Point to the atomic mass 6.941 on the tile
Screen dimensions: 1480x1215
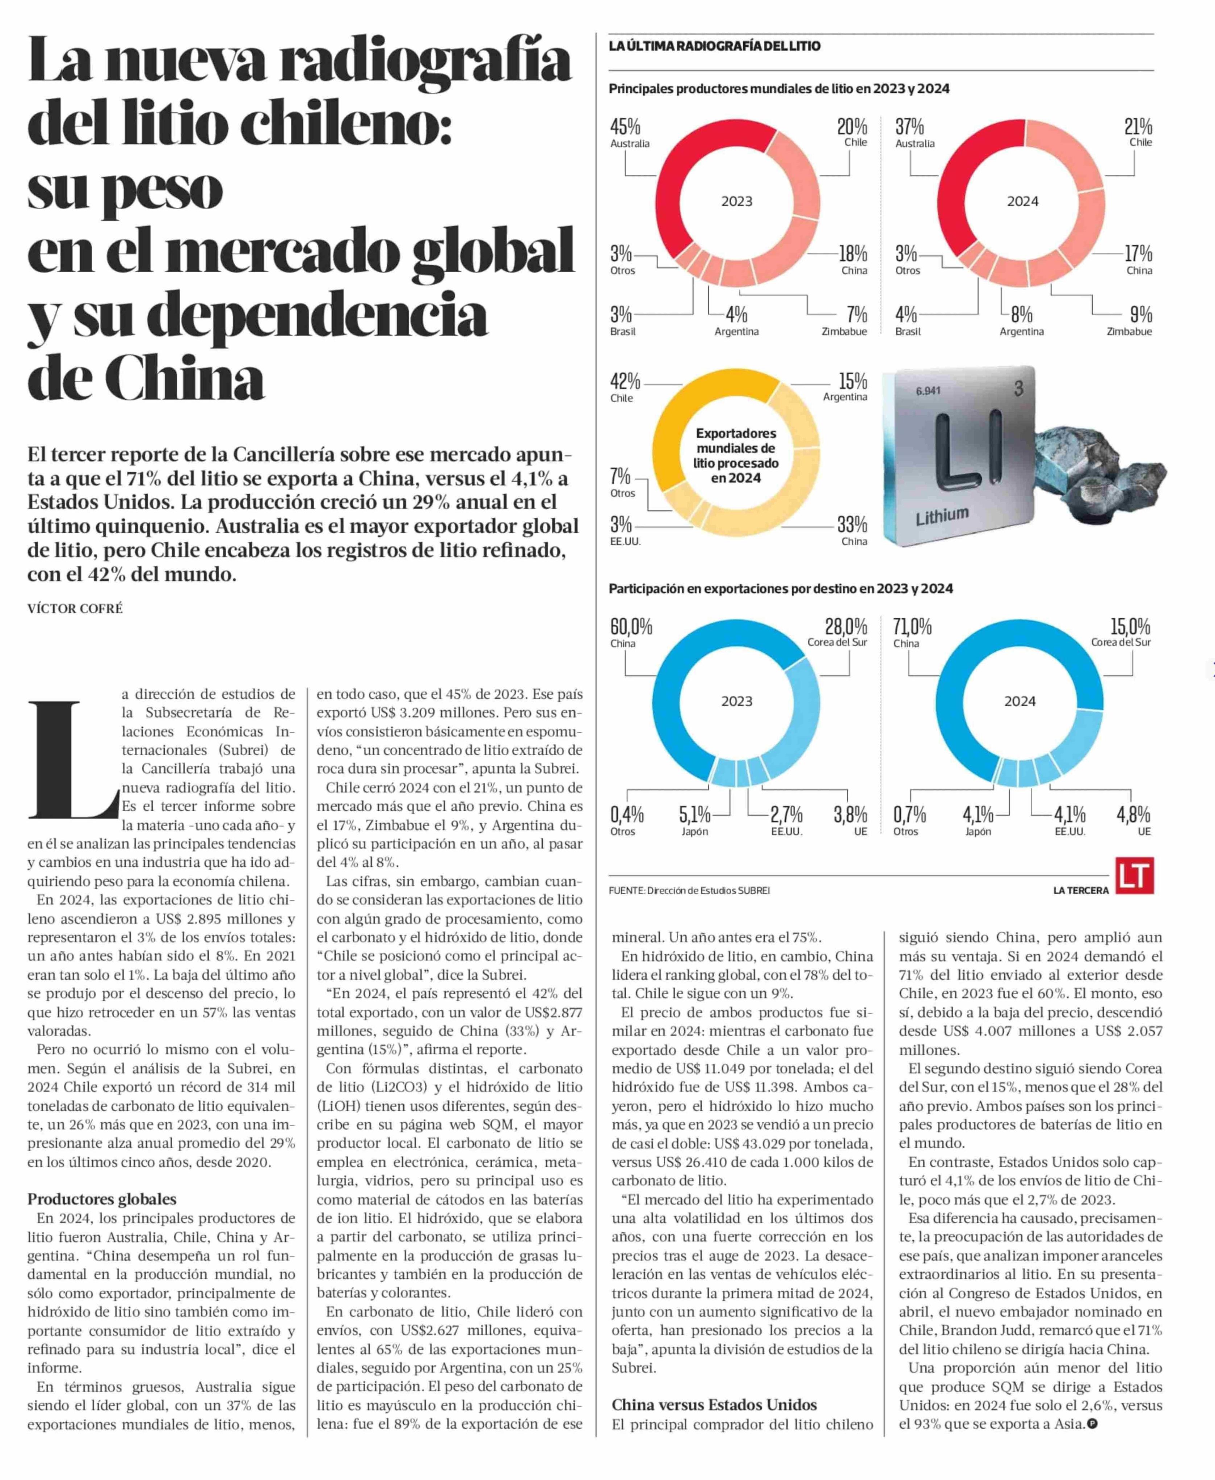click(x=928, y=391)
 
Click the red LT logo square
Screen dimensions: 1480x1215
click(x=1134, y=876)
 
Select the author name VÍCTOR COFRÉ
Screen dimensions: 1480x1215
click(x=75, y=609)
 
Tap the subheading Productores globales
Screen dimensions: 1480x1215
click(x=101, y=1199)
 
